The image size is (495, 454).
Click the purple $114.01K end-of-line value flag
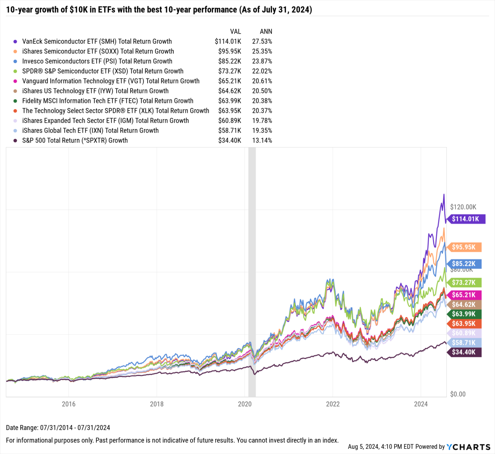pyautogui.click(x=465, y=219)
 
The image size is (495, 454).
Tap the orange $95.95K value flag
pyautogui.click(x=464, y=247)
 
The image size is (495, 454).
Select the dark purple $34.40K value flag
pyautogui.click(x=464, y=352)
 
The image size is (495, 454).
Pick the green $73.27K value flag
pyautogui.click(x=464, y=283)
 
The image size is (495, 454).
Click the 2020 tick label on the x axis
pyautogui.click(x=245, y=404)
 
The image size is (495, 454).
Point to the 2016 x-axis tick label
pyautogui.click(x=69, y=404)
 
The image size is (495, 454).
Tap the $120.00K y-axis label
pyautogui.click(x=463, y=207)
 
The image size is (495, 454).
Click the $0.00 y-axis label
pyautogui.click(x=458, y=394)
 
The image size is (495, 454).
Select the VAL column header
pyautogui.click(x=235, y=32)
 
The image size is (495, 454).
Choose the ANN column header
pyautogui.click(x=266, y=32)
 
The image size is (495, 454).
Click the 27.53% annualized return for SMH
pyautogui.click(x=262, y=42)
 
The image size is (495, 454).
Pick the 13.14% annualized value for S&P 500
pyautogui.click(x=262, y=140)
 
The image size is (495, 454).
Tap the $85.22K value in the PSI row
pyautogui.click(x=229, y=61)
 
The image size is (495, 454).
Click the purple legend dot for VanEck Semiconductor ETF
pyautogui.click(x=15, y=42)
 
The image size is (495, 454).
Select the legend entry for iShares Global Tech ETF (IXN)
pyautogui.click(x=90, y=130)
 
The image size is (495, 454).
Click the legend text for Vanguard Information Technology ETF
pyautogui.click(x=111, y=81)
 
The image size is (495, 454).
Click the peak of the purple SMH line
pyautogui.click(x=444, y=195)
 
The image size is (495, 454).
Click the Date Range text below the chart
pyautogui.click(x=58, y=428)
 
